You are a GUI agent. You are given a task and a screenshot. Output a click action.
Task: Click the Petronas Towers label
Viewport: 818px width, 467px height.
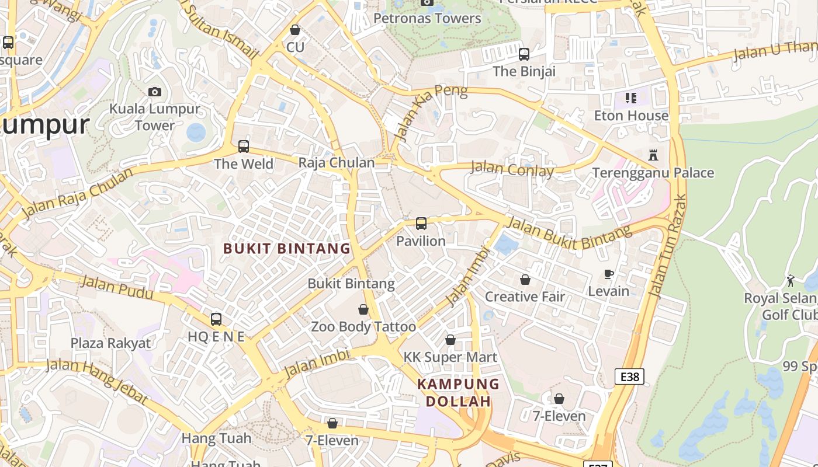tap(427, 18)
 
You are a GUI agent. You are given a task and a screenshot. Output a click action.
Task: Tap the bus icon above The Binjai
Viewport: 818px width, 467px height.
tap(524, 54)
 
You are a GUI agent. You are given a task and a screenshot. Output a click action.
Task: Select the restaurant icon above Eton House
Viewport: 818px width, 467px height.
tap(630, 97)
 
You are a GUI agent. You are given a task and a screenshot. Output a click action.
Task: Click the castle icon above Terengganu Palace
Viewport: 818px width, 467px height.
tap(653, 155)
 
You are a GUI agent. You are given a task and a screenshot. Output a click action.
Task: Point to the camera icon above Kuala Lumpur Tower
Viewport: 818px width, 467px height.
tap(155, 92)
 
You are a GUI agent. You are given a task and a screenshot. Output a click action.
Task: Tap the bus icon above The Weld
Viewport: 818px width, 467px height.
tap(244, 147)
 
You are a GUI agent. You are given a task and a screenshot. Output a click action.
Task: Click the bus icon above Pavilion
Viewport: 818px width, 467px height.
tap(421, 223)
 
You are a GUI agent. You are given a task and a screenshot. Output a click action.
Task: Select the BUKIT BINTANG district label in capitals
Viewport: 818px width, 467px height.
tap(287, 249)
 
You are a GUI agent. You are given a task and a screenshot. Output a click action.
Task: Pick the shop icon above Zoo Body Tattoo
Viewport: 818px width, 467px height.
tap(363, 309)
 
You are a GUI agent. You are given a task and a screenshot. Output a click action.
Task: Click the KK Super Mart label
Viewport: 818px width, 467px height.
tap(450, 357)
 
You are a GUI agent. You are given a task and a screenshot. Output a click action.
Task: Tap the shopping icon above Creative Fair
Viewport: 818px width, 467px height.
tap(525, 280)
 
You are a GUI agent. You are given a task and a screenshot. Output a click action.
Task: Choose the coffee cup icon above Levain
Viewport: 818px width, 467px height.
tap(608, 274)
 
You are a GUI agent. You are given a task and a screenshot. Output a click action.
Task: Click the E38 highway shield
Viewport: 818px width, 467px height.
tap(629, 377)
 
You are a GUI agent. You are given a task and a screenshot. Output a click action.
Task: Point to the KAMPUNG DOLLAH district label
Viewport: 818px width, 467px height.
tap(459, 393)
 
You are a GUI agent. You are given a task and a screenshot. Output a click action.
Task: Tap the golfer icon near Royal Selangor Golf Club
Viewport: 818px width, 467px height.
tap(791, 281)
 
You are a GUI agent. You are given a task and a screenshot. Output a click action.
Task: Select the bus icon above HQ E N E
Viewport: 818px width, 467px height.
tap(216, 319)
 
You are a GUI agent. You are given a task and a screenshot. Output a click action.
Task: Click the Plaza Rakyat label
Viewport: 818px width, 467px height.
tap(110, 343)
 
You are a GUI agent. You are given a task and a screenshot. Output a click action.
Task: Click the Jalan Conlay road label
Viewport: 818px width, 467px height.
tap(512, 170)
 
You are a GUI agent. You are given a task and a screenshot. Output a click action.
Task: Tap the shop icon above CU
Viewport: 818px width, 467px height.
tap(295, 30)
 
